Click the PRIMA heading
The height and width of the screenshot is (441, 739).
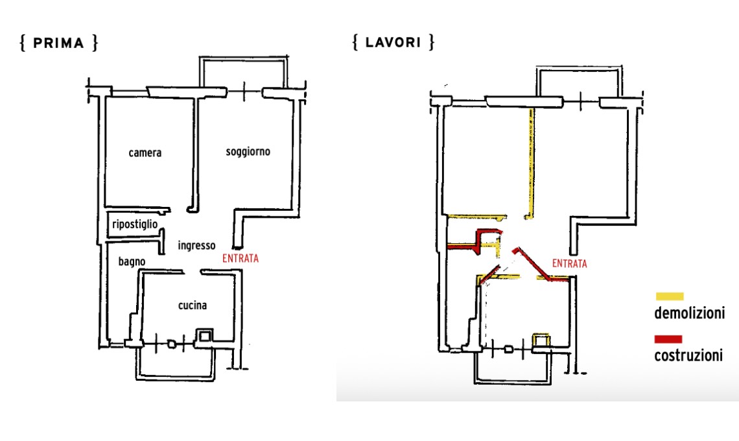(58, 43)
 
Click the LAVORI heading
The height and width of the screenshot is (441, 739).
(393, 42)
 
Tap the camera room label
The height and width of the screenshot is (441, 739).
(145, 153)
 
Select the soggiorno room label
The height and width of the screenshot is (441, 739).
(248, 152)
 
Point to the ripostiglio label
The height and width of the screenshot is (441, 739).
(135, 224)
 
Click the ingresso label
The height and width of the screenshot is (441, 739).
(196, 245)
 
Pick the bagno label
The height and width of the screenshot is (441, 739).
(132, 261)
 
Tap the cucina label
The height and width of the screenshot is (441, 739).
(193, 305)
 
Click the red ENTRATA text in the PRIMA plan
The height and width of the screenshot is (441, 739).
(240, 259)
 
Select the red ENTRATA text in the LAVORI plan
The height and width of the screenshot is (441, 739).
(569, 263)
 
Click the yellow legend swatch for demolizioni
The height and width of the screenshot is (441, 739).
(669, 296)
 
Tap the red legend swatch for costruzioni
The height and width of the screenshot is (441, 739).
(668, 339)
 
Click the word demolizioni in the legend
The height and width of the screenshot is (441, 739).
(690, 313)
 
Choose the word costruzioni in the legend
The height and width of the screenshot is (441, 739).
(688, 355)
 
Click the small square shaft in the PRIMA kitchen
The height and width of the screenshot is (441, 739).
(204, 335)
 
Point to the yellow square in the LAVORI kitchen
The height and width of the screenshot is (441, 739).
(541, 340)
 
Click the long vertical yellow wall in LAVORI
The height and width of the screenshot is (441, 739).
(531, 163)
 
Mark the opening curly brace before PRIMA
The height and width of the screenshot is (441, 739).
(22, 43)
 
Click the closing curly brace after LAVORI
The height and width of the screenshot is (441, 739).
(431, 42)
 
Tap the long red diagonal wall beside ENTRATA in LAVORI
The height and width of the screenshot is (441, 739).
(537, 265)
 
